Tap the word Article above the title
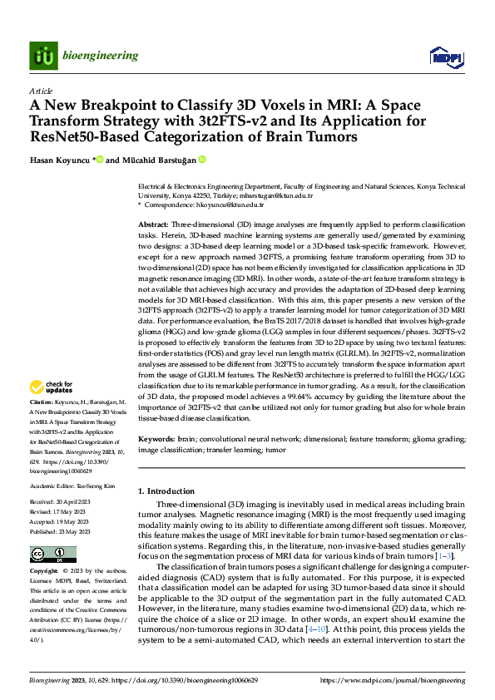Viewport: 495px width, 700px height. point(41,91)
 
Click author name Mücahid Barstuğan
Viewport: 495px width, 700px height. point(158,160)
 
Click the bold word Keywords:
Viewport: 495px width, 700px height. point(156,438)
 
